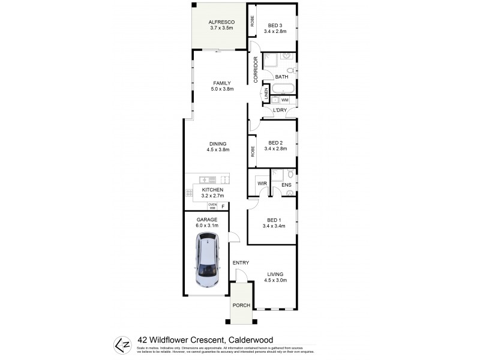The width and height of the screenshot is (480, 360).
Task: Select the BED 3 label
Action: (275, 25)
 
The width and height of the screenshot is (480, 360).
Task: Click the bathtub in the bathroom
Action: (281, 89)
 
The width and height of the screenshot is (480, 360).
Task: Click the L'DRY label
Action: (280, 110)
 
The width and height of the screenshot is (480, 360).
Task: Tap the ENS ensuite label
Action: (286, 185)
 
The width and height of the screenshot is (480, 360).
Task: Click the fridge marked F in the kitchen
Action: (223, 206)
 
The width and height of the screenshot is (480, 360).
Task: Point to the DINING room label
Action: (217, 143)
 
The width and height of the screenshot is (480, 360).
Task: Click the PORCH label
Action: (241, 305)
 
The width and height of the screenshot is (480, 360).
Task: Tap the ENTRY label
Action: (241, 263)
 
